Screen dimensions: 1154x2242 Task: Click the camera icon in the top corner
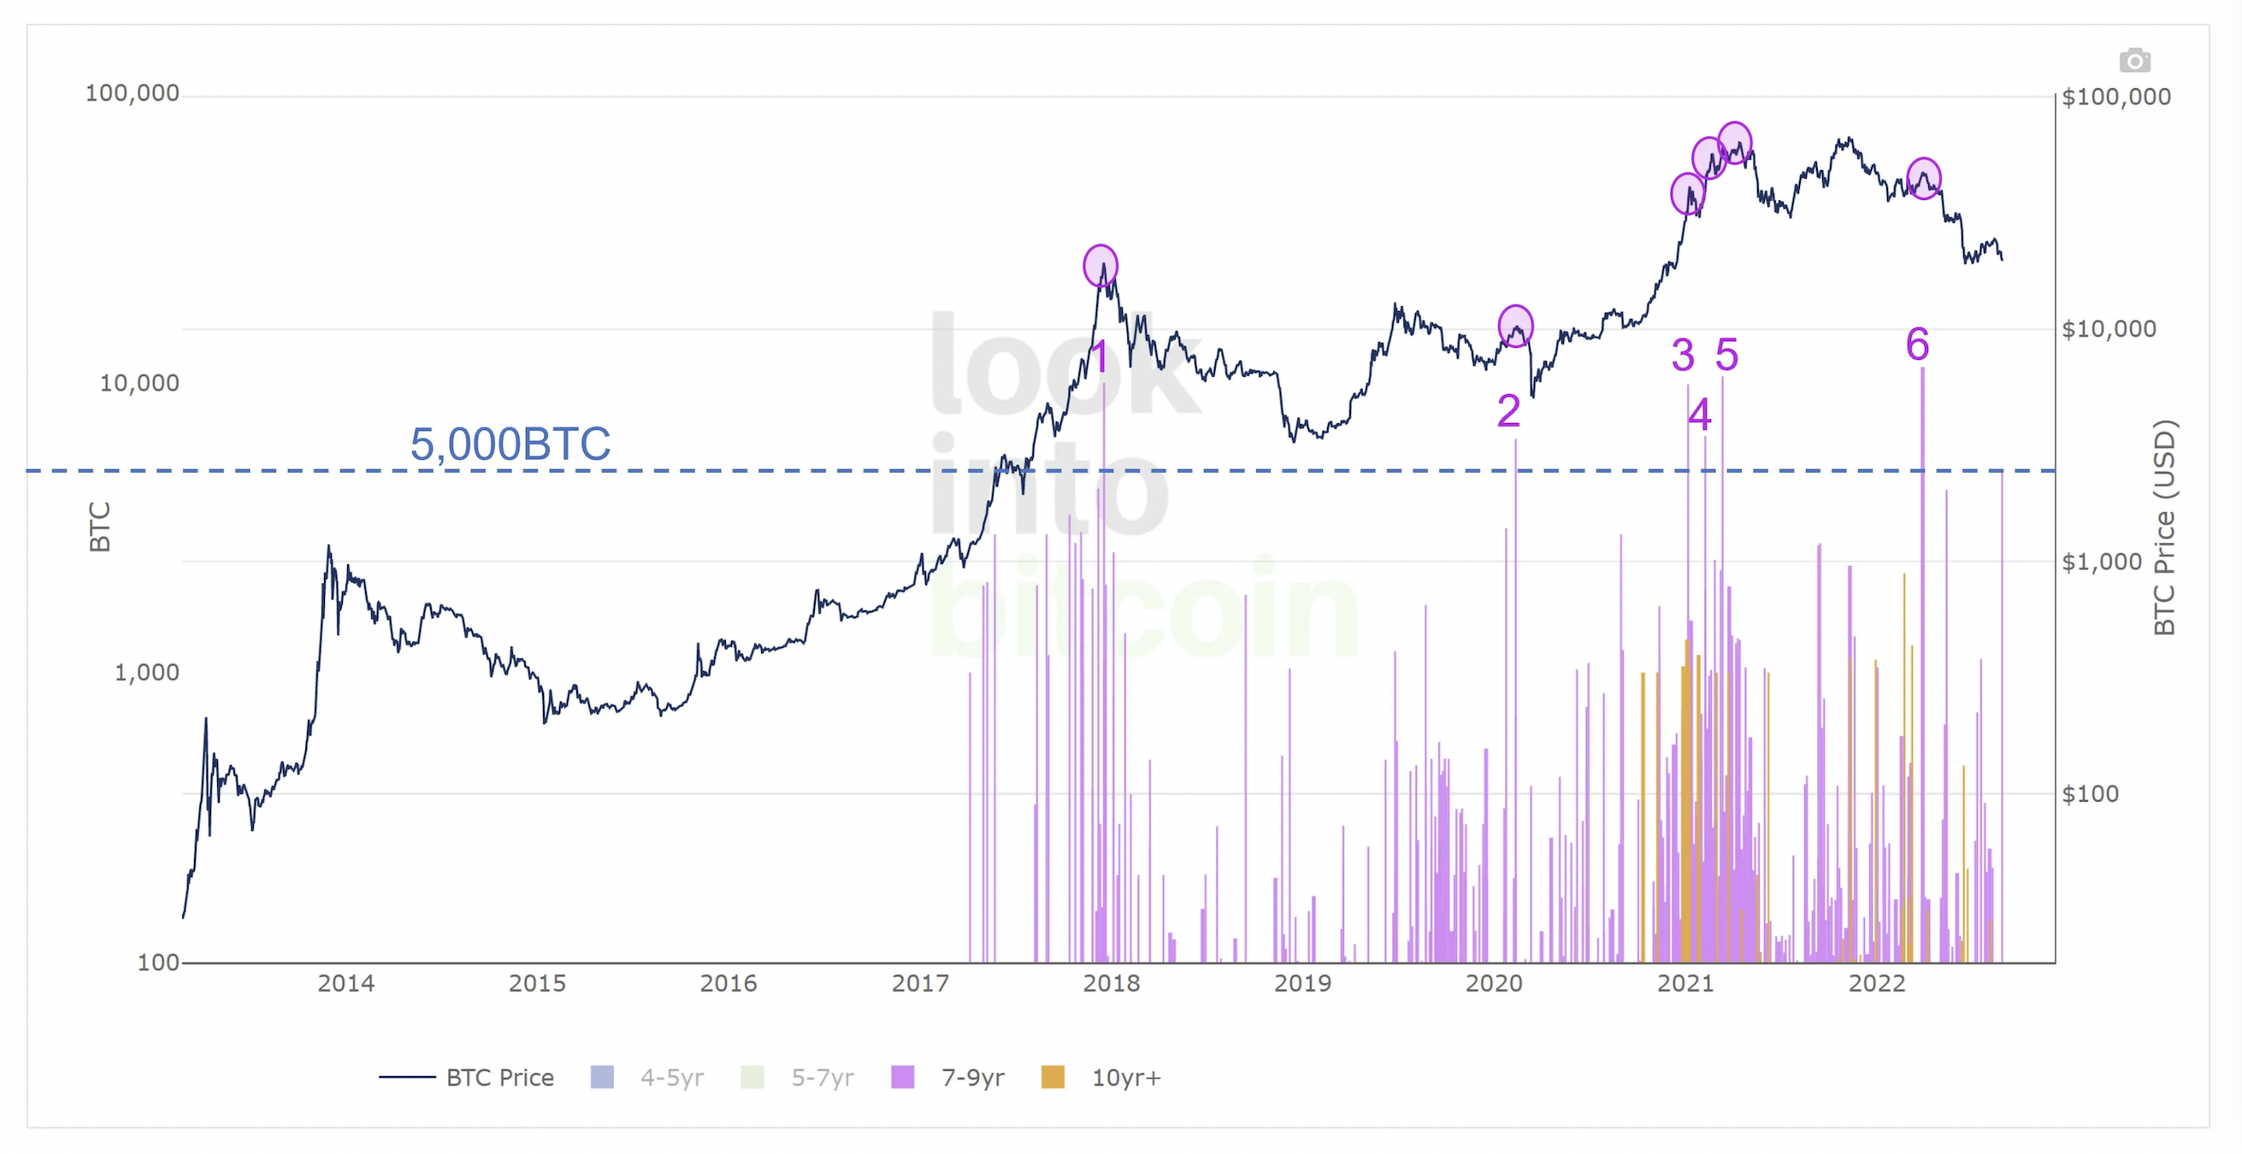tap(2134, 61)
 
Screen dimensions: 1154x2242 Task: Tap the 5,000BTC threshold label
tap(510, 444)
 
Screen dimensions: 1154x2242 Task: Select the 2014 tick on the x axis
tap(345, 983)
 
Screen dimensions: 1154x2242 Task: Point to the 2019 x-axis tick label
tap(1302, 983)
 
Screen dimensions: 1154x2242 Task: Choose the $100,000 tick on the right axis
tap(2115, 97)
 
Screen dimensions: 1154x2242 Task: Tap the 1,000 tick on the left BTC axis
tap(146, 672)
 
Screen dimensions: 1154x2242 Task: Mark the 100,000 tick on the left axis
tap(132, 93)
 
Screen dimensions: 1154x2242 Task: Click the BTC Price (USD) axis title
tap(2164, 527)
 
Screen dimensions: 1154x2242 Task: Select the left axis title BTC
tap(100, 527)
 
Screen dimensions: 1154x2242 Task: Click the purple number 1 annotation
tap(1100, 356)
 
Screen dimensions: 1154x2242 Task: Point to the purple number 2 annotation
tap(1508, 411)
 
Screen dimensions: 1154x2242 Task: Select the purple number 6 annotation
tap(1917, 344)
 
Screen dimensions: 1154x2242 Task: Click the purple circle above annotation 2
tap(1515, 327)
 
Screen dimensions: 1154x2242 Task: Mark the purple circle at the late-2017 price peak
tap(1100, 266)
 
